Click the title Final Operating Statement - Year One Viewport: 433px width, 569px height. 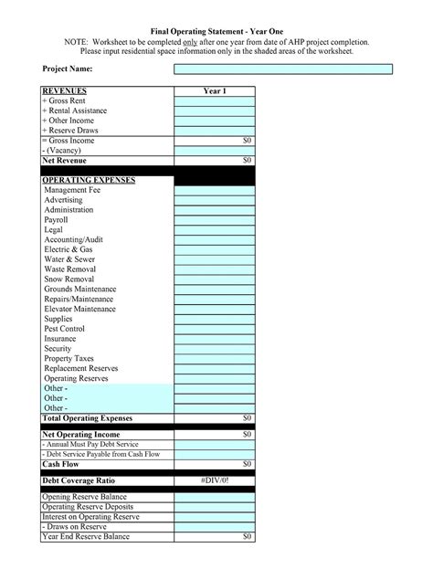point(216,30)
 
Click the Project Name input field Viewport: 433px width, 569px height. point(283,68)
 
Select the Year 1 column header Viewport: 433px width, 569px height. point(215,91)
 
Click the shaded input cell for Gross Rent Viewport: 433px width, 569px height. point(215,100)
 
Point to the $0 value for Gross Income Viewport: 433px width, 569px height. point(247,141)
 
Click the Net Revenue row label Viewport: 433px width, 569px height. point(64,160)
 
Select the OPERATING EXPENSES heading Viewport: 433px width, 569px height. point(89,180)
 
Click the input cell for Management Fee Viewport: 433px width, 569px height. point(215,190)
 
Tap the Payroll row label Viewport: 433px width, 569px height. point(56,220)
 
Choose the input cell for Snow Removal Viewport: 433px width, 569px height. point(215,279)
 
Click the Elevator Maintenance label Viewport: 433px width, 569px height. point(79,309)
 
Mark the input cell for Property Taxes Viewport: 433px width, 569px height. point(215,359)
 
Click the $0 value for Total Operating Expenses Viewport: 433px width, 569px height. point(247,418)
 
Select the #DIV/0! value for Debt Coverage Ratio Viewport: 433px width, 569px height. point(215,480)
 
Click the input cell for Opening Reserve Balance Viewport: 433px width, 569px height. point(215,497)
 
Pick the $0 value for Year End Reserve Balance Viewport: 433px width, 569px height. point(247,537)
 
